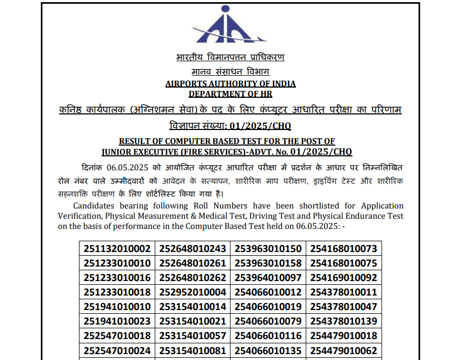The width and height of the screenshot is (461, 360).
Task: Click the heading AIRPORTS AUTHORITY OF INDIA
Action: click(230, 84)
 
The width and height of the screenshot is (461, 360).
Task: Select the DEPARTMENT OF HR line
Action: click(230, 94)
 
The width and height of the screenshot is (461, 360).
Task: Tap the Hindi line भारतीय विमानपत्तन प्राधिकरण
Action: click(230, 57)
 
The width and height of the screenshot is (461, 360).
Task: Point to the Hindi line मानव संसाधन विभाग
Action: click(230, 71)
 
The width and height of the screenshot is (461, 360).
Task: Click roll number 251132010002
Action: click(117, 248)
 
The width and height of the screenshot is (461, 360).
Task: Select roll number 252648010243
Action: click(192, 248)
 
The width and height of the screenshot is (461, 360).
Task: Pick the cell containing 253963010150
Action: click(268, 248)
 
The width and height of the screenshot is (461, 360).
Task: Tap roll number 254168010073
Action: click(343, 248)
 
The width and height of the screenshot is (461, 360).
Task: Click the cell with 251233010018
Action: click(117, 292)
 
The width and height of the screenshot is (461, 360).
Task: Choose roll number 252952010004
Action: click(192, 292)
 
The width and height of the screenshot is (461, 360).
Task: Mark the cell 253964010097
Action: click(268, 278)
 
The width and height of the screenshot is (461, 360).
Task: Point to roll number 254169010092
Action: click(343, 278)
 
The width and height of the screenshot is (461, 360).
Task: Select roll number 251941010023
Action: click(117, 322)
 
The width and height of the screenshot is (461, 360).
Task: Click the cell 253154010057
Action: click(192, 336)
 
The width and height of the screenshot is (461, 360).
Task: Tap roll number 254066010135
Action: click(268, 351)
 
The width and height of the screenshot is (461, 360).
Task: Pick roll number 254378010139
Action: click(343, 322)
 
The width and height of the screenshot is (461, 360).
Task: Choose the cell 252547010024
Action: click(117, 351)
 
